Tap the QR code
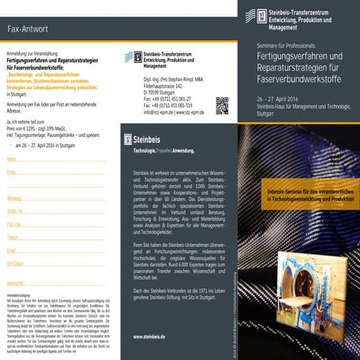point(222,105)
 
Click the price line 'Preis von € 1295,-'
point(40,127)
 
